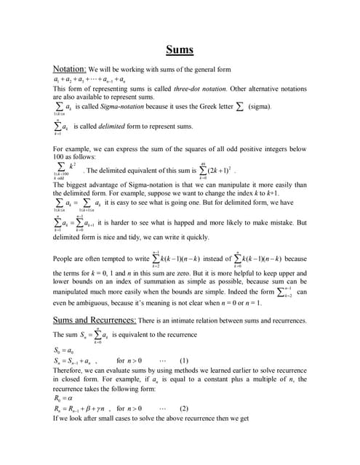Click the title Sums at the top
[x=179, y=50]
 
